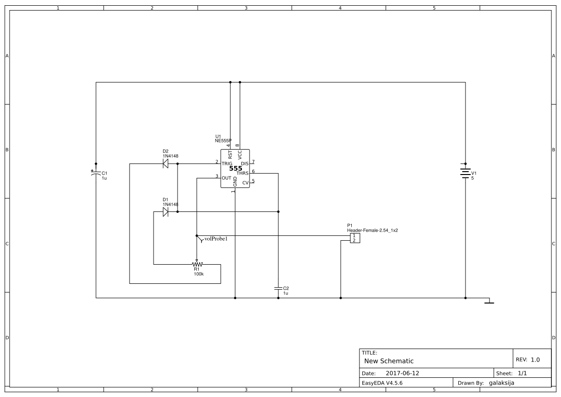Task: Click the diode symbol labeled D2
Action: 166,163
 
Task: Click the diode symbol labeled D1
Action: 166,212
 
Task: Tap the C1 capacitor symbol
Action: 95,173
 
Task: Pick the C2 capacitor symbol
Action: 278,288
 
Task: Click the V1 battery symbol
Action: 465,172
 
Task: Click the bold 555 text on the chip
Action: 236,168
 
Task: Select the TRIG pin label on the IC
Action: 227,163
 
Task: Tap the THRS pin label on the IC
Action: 242,173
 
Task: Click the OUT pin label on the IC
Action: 227,178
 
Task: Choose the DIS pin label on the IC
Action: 245,163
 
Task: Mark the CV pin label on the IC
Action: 245,183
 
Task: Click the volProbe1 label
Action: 216,239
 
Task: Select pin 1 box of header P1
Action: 354,236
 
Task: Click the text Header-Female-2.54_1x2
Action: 372,231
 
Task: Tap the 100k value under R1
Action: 199,274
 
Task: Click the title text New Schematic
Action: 389,361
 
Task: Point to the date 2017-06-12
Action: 403,374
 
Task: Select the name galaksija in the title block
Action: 501,383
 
